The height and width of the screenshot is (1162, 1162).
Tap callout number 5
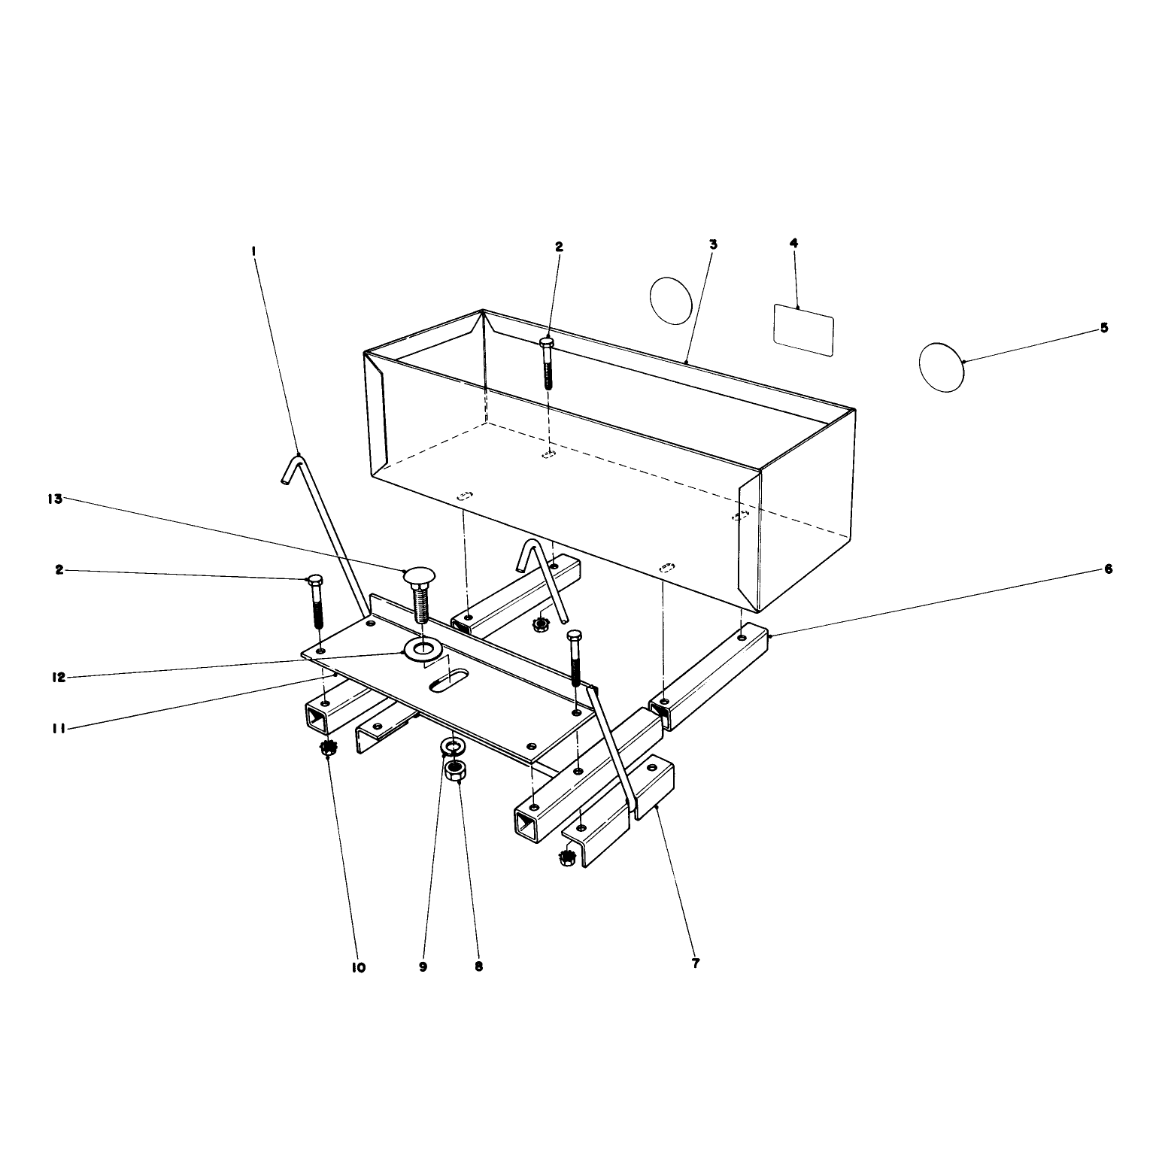point(1104,328)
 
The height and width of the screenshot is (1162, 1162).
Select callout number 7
point(695,963)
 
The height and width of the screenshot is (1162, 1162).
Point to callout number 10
point(358,967)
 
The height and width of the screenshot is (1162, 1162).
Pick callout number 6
point(1108,569)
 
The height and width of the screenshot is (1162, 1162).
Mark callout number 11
point(60,728)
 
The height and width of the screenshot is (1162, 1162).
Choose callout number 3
point(713,244)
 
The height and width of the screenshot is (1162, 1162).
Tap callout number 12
point(59,677)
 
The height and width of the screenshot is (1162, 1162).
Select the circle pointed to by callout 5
point(942,366)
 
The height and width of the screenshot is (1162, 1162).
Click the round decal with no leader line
point(671,301)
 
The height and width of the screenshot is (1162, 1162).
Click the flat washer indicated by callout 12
point(423,648)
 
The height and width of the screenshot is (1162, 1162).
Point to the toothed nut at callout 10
point(326,748)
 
